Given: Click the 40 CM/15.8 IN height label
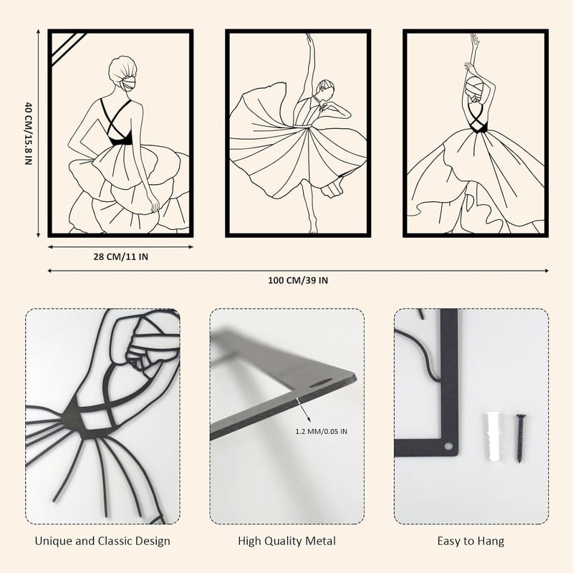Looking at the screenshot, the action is point(29,133).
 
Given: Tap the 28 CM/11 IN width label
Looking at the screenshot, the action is point(120,257).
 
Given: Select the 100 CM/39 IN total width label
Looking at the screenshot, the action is point(298,281).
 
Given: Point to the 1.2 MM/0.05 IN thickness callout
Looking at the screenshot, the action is point(321,432).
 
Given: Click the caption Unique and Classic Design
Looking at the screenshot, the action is point(102,541).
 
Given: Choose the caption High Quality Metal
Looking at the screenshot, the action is point(287,541).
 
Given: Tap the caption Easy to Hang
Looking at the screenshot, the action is point(471,541).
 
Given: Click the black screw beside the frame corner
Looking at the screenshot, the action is point(520,438).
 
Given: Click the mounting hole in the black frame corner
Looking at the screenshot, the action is point(448,446).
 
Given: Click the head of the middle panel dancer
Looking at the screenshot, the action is point(325,89).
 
